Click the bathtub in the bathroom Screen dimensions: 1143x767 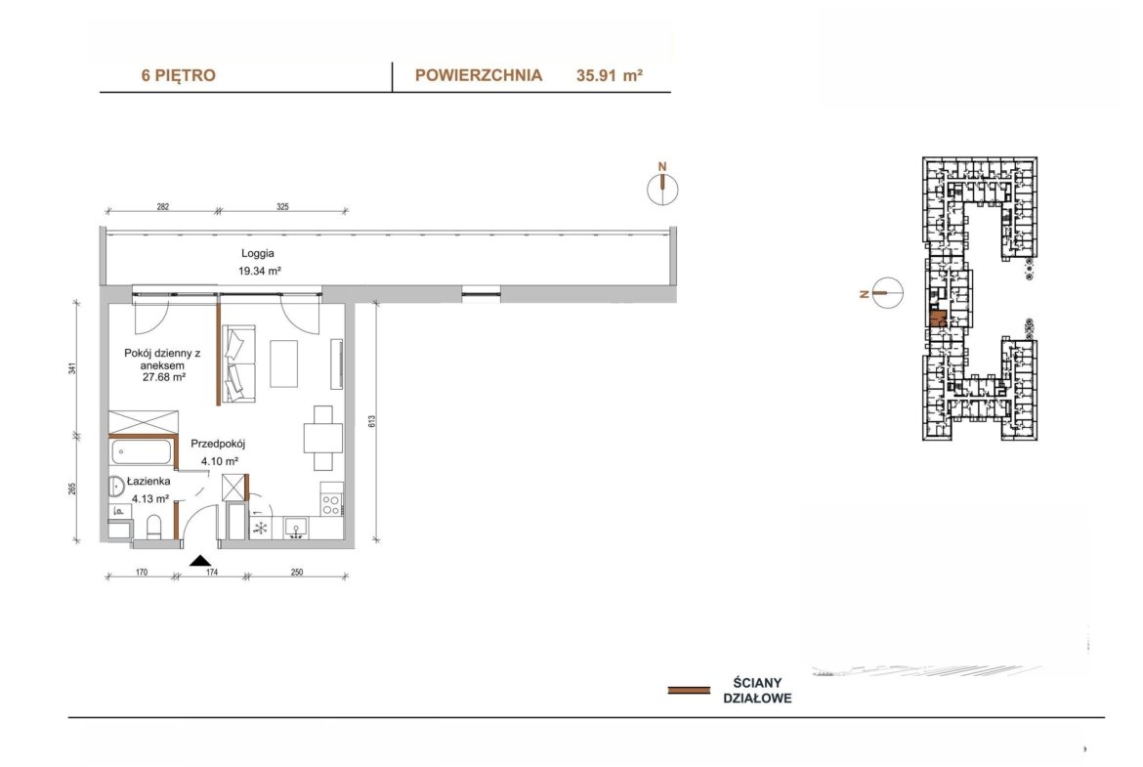(x=143, y=452)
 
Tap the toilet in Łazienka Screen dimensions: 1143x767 (x=153, y=527)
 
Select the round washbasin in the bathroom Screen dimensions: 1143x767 (x=116, y=487)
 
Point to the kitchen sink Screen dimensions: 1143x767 (x=297, y=528)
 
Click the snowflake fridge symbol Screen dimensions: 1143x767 (x=260, y=528)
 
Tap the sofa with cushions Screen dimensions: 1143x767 (x=238, y=363)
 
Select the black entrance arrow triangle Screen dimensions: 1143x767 (x=200, y=560)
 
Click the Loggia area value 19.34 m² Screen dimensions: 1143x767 (x=260, y=272)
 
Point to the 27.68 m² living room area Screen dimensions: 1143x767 (x=164, y=378)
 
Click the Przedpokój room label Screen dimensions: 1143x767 (x=218, y=444)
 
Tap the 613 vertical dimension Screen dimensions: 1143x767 (x=372, y=421)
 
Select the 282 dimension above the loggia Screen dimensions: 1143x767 (x=162, y=207)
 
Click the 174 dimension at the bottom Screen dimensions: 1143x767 (x=211, y=573)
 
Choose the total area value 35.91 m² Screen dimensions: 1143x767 (x=610, y=75)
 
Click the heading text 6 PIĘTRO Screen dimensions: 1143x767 (x=179, y=75)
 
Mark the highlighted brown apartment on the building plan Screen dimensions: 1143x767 (x=938, y=319)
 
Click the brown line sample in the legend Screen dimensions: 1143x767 (x=689, y=690)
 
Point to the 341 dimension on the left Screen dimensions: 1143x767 (x=72, y=368)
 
